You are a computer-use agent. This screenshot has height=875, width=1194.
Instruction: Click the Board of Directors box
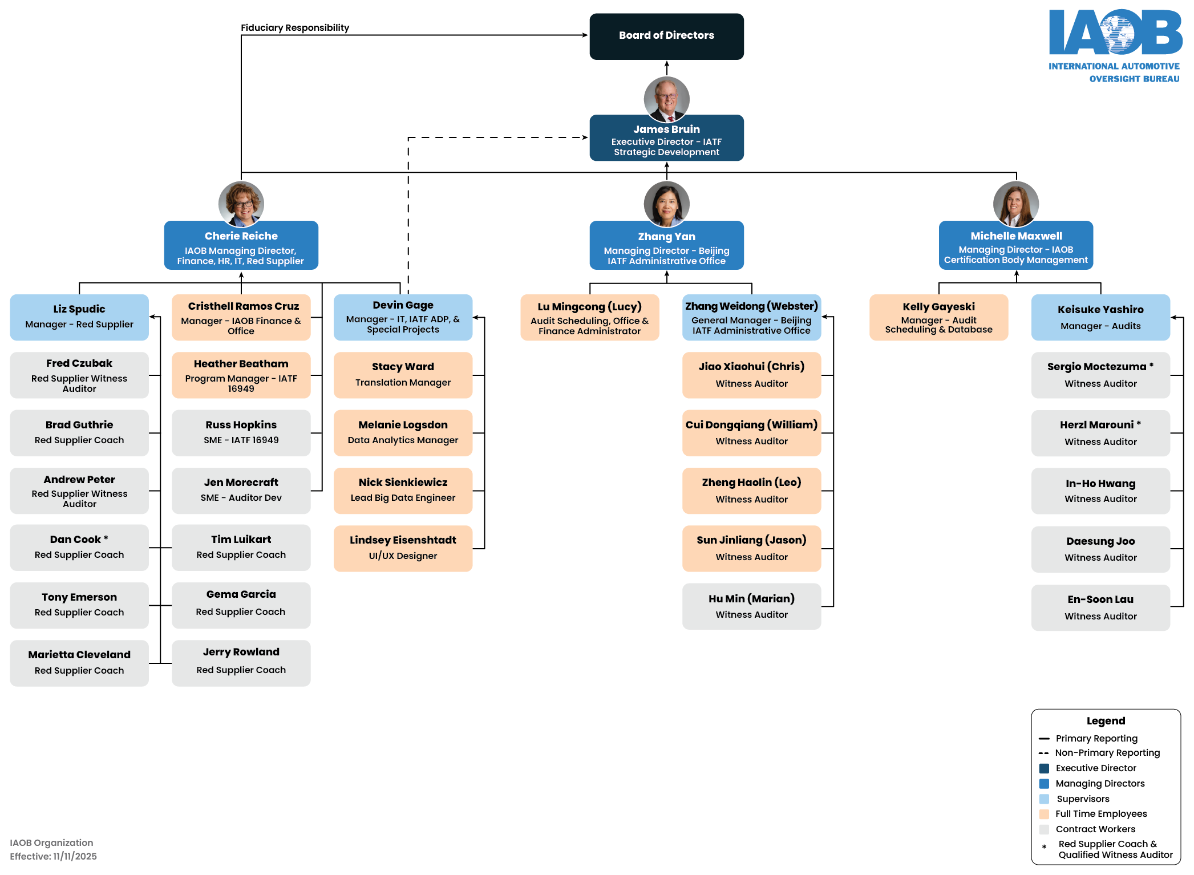(666, 36)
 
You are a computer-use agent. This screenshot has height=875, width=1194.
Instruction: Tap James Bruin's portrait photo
(666, 99)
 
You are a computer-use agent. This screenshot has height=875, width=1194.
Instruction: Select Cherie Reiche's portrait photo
(241, 204)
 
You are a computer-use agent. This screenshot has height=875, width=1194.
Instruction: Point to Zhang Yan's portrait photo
(666, 204)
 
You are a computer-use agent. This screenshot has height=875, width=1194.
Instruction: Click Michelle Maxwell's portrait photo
(1015, 204)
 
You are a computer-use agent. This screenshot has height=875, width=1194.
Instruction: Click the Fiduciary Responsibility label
(294, 27)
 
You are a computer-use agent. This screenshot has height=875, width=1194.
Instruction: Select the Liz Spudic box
(79, 317)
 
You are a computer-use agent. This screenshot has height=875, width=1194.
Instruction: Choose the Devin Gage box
(403, 317)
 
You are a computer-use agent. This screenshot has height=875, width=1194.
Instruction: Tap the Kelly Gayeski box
(938, 317)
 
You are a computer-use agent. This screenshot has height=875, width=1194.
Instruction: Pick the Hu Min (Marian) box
(751, 606)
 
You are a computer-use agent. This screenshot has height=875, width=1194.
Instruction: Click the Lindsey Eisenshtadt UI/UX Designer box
(403, 548)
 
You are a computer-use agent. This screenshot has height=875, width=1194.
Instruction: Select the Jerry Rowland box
(241, 663)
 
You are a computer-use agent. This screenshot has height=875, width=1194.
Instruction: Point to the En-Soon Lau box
(1100, 607)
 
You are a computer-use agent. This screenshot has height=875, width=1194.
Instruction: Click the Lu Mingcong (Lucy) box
(589, 317)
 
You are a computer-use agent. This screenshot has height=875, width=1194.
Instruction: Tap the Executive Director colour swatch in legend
(1044, 768)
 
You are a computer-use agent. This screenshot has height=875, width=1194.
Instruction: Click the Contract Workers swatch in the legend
(1044, 829)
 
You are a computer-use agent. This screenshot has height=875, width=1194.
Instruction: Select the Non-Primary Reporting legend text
(1107, 753)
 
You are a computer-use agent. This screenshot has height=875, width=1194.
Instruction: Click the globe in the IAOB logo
(1116, 33)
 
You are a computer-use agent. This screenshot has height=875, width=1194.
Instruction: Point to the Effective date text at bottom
(53, 856)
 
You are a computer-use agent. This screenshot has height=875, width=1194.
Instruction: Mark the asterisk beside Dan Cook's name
(106, 538)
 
